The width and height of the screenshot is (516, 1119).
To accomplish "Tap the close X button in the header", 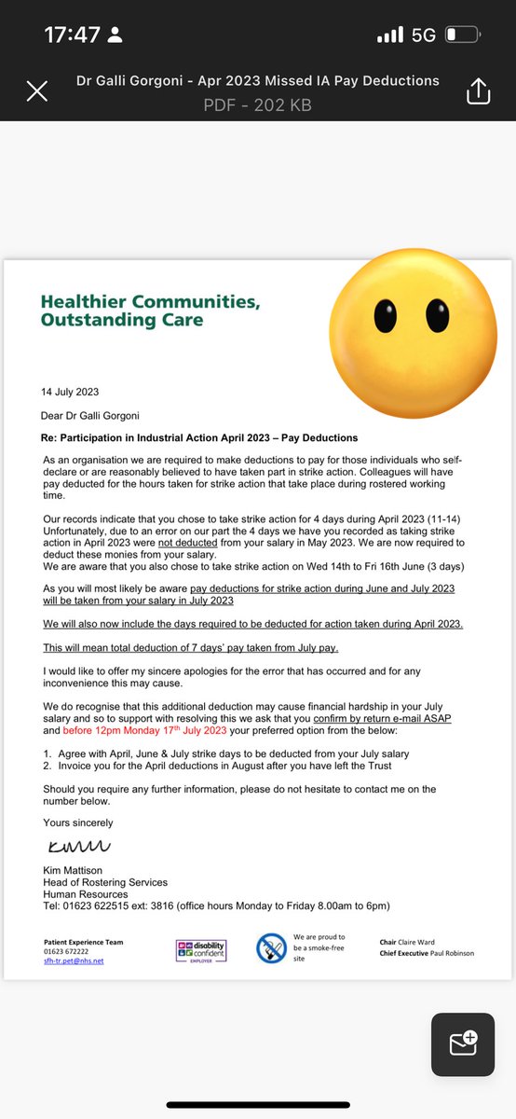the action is pos(36,90).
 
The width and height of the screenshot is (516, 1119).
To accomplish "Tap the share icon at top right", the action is pos(478,90).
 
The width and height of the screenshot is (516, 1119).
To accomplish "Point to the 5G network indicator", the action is pos(424,35).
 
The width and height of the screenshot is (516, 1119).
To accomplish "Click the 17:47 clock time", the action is pos(72,35).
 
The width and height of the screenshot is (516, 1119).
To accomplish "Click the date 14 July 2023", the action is pos(71,392).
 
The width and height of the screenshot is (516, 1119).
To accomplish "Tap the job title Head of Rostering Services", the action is pos(105,882).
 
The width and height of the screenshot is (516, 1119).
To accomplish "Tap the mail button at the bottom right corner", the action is pos(462,1041).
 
